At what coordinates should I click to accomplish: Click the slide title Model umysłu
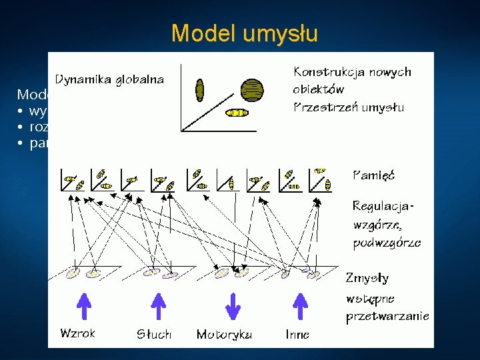click(244, 33)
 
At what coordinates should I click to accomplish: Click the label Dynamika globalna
click(109, 79)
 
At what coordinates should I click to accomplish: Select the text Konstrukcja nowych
click(352, 71)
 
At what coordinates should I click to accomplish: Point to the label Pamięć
click(373, 175)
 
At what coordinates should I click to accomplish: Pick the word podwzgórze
click(387, 242)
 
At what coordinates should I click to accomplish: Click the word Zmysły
click(367, 277)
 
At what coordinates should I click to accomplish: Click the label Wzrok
click(77, 333)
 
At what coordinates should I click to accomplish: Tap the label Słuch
click(154, 334)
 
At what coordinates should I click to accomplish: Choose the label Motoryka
click(224, 334)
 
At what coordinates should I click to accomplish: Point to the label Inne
click(297, 334)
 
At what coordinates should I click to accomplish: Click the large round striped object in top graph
click(251, 88)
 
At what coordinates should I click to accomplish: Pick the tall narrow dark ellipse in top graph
click(199, 89)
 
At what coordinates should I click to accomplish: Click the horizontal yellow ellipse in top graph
click(237, 113)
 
